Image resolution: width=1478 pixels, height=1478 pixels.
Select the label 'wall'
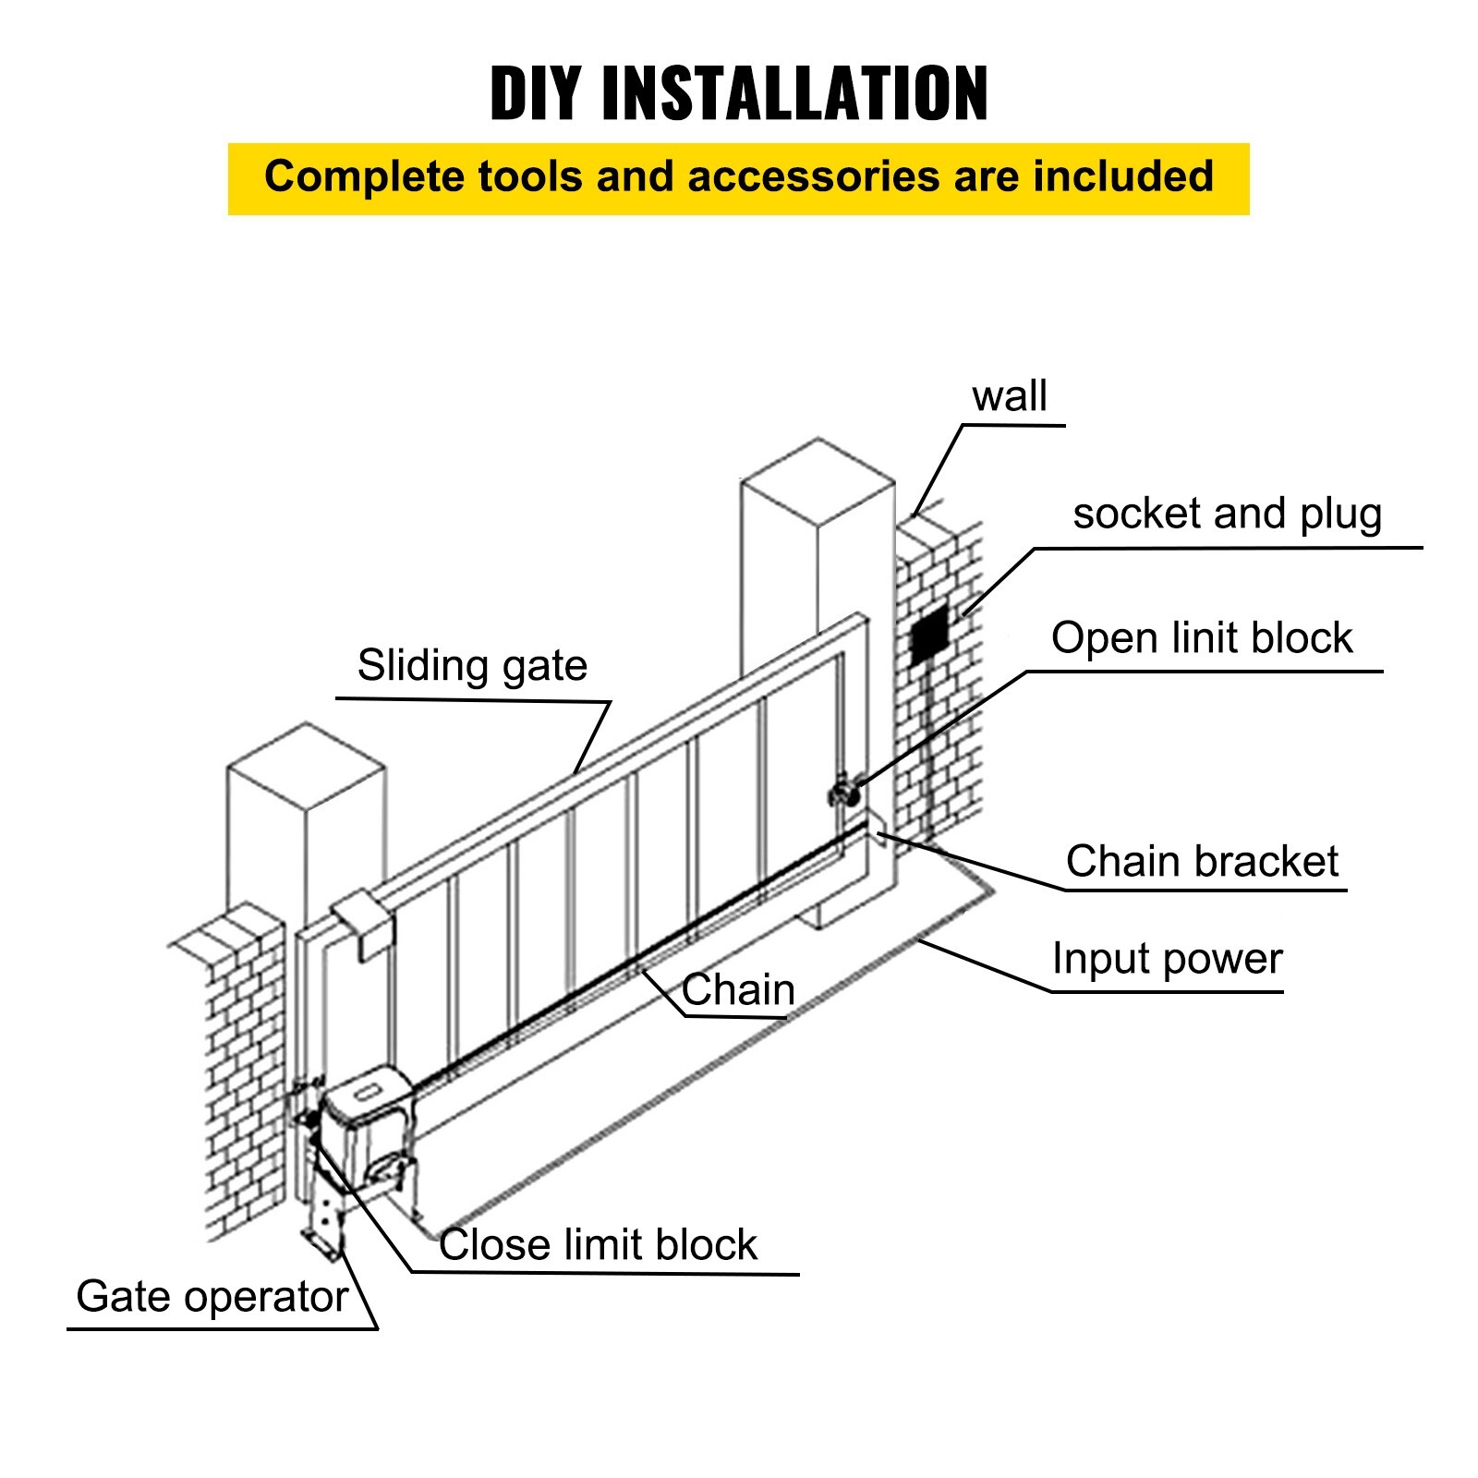[1009, 396]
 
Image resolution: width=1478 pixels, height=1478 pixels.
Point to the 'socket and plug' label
[1227, 514]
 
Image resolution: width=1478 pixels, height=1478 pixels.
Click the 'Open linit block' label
[1201, 638]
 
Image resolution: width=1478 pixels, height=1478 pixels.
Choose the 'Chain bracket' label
[1201, 861]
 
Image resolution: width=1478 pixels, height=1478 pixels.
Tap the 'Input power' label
[1167, 959]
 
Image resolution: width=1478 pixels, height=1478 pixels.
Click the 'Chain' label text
[737, 989]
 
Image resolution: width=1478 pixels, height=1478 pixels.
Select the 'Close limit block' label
[598, 1244]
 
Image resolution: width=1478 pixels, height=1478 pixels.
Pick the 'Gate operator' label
[212, 1296]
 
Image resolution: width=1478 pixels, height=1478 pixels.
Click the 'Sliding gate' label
[472, 665]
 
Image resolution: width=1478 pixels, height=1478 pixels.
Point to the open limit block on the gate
[843, 793]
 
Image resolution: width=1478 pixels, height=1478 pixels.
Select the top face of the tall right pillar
[818, 480]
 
